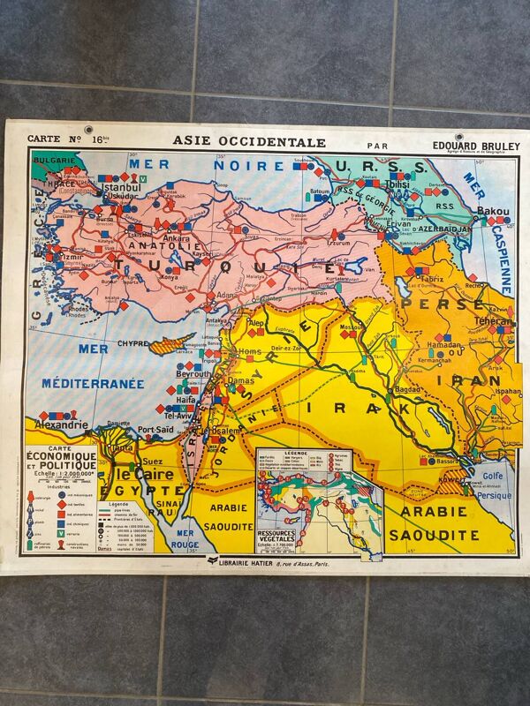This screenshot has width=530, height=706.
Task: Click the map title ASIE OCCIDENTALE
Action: coord(249,141)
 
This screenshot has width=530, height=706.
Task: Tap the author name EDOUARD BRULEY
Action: coord(477,146)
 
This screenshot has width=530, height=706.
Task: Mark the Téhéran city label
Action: coord(492,322)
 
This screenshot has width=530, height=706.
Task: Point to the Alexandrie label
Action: coord(61,424)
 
